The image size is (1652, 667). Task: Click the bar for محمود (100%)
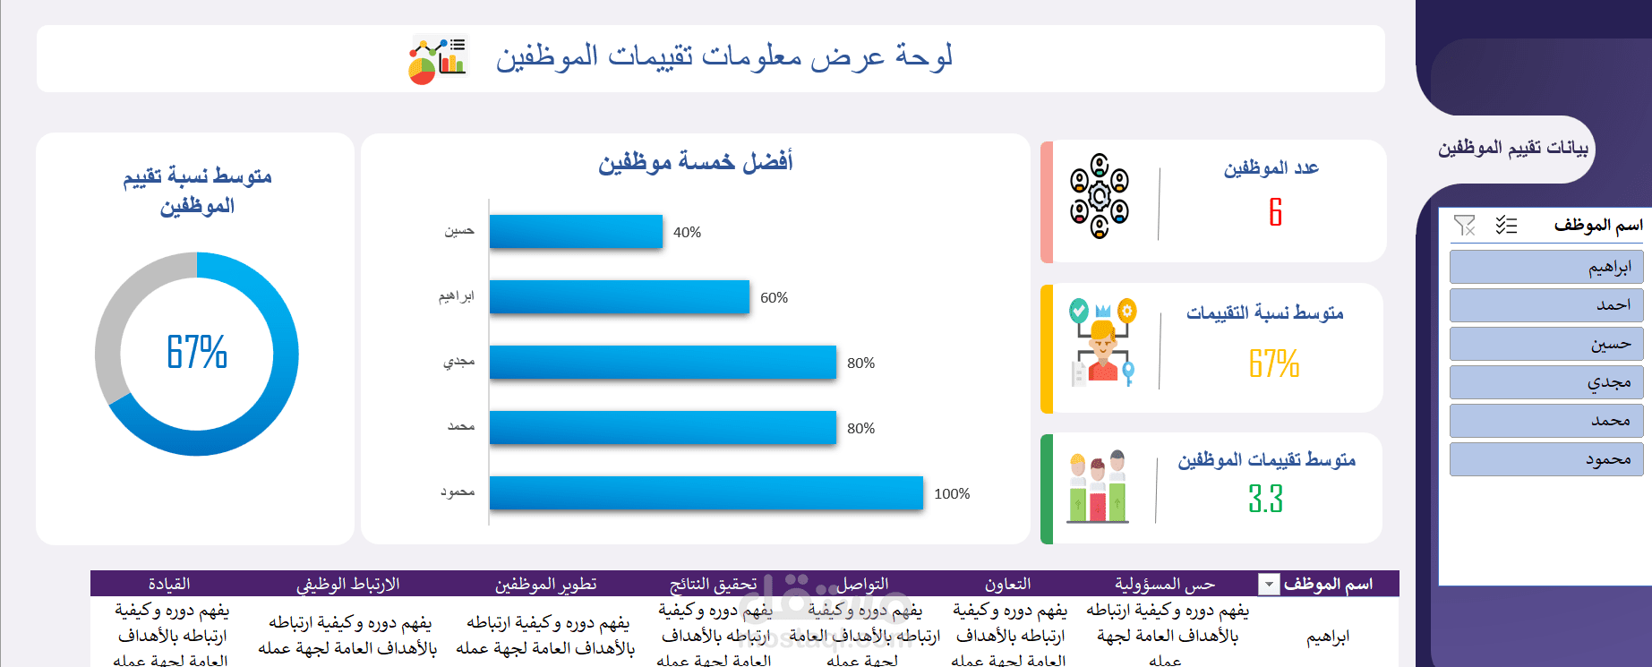[706, 493]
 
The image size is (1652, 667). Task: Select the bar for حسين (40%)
[576, 232]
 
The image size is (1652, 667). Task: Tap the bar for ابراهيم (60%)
[619, 297]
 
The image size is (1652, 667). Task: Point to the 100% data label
[952, 494]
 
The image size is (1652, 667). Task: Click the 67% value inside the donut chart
[197, 352]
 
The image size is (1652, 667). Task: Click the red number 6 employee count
[1276, 212]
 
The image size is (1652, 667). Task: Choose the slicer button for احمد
[1546, 305]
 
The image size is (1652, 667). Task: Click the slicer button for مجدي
[1546, 382]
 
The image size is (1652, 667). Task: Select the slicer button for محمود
[1546, 459]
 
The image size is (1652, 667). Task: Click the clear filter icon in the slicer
[1465, 226]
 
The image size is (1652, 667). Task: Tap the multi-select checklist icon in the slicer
[1506, 226]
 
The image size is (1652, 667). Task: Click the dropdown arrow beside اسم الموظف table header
[1269, 585]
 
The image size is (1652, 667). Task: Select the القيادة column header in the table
[169, 585]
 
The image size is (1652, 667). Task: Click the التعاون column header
[1007, 585]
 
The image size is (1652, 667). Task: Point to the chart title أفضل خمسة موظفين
[696, 162]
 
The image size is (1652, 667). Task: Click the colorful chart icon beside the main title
[438, 59]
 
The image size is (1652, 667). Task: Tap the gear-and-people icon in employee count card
[1100, 196]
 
